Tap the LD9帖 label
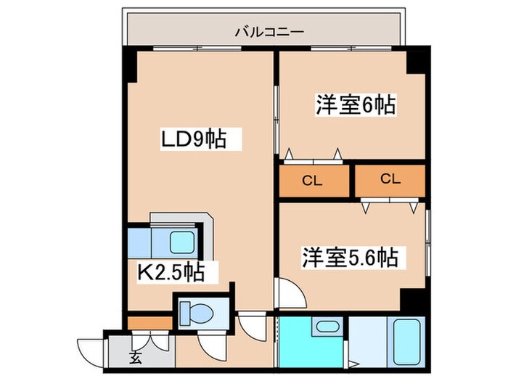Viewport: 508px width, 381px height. [193, 139]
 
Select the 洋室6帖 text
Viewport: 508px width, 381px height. [354, 105]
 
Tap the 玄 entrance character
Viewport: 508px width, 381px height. [136, 358]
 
